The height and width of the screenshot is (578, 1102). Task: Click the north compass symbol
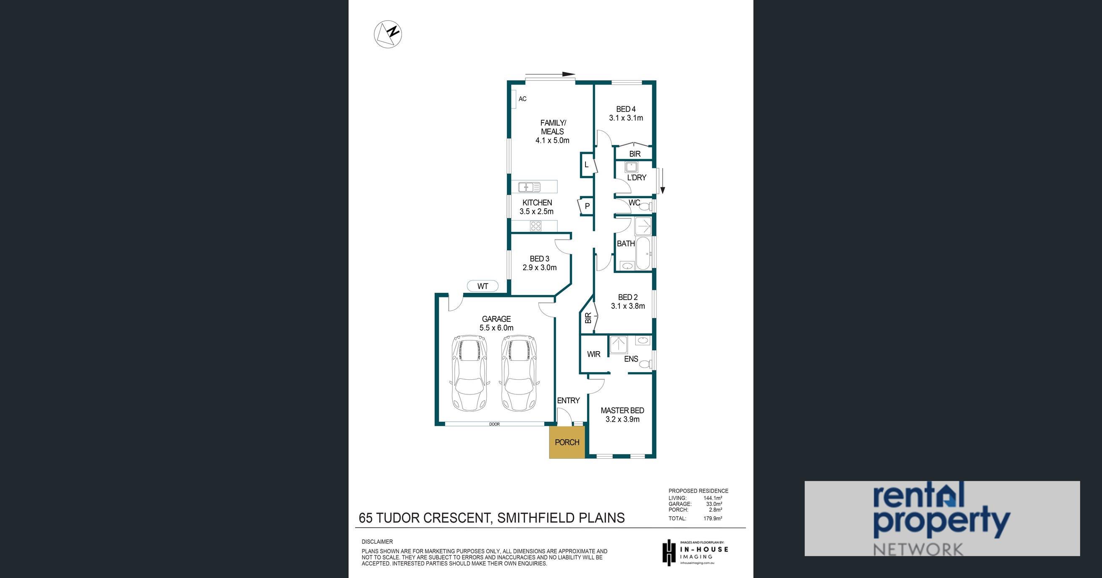tap(388, 34)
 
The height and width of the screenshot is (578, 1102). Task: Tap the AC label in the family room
tap(522, 99)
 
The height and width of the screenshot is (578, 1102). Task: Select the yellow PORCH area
tap(567, 442)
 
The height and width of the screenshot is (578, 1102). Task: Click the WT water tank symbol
tap(483, 286)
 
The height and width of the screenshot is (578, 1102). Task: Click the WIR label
tap(594, 354)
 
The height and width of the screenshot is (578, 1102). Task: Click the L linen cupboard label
tap(587, 165)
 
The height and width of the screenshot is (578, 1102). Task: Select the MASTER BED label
tap(622, 410)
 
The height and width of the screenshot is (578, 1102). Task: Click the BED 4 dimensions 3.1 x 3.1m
tap(626, 118)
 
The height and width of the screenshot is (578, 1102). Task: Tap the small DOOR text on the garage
tap(495, 424)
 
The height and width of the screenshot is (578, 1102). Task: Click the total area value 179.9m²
tap(713, 518)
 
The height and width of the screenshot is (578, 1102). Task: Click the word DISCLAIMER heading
tap(377, 541)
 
